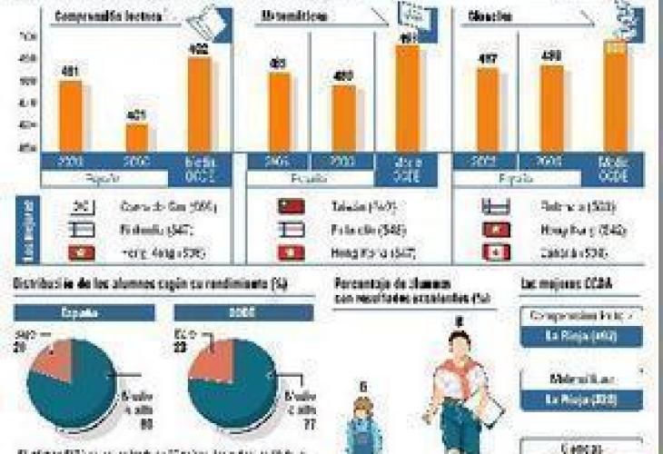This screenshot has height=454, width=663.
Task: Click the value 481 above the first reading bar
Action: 70,70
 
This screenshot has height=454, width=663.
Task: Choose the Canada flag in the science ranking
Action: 499,252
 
